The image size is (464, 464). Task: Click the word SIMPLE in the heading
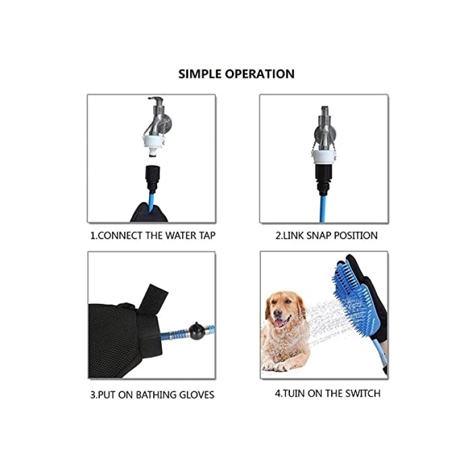pos(200,74)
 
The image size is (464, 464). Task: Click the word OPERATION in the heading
pos(260,74)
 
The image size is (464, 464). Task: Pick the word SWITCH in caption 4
pos(363,394)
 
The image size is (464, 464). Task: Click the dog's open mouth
pos(280,322)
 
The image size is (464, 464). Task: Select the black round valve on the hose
pos(197,331)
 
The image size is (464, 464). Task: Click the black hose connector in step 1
pos(153,178)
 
